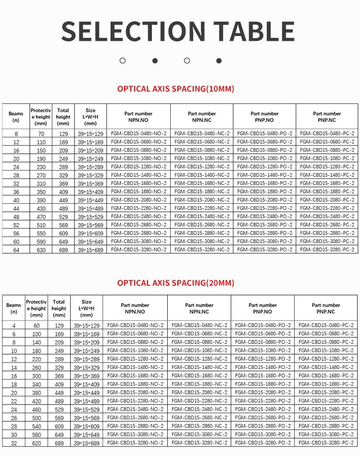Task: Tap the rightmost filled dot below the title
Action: [x=219, y=61]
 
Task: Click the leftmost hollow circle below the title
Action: [x=123, y=61]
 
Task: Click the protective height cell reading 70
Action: [x=40, y=133]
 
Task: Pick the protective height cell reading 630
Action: [x=40, y=250]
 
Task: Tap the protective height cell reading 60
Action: [x=37, y=325]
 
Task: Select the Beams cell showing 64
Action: [x=16, y=250]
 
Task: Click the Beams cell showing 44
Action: [x=16, y=208]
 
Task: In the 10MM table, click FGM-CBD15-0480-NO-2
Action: [x=138, y=133]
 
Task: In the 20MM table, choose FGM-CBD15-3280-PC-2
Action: [x=326, y=443]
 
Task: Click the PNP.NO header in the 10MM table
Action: [x=264, y=117]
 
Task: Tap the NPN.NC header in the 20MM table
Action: [x=199, y=308]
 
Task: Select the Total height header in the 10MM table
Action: [x=63, y=117]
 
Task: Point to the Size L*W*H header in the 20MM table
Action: [x=87, y=308]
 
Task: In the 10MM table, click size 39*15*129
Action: [x=90, y=133]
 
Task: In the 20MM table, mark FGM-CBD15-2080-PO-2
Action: [x=262, y=392]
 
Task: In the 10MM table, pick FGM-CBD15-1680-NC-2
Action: [x=202, y=183]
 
